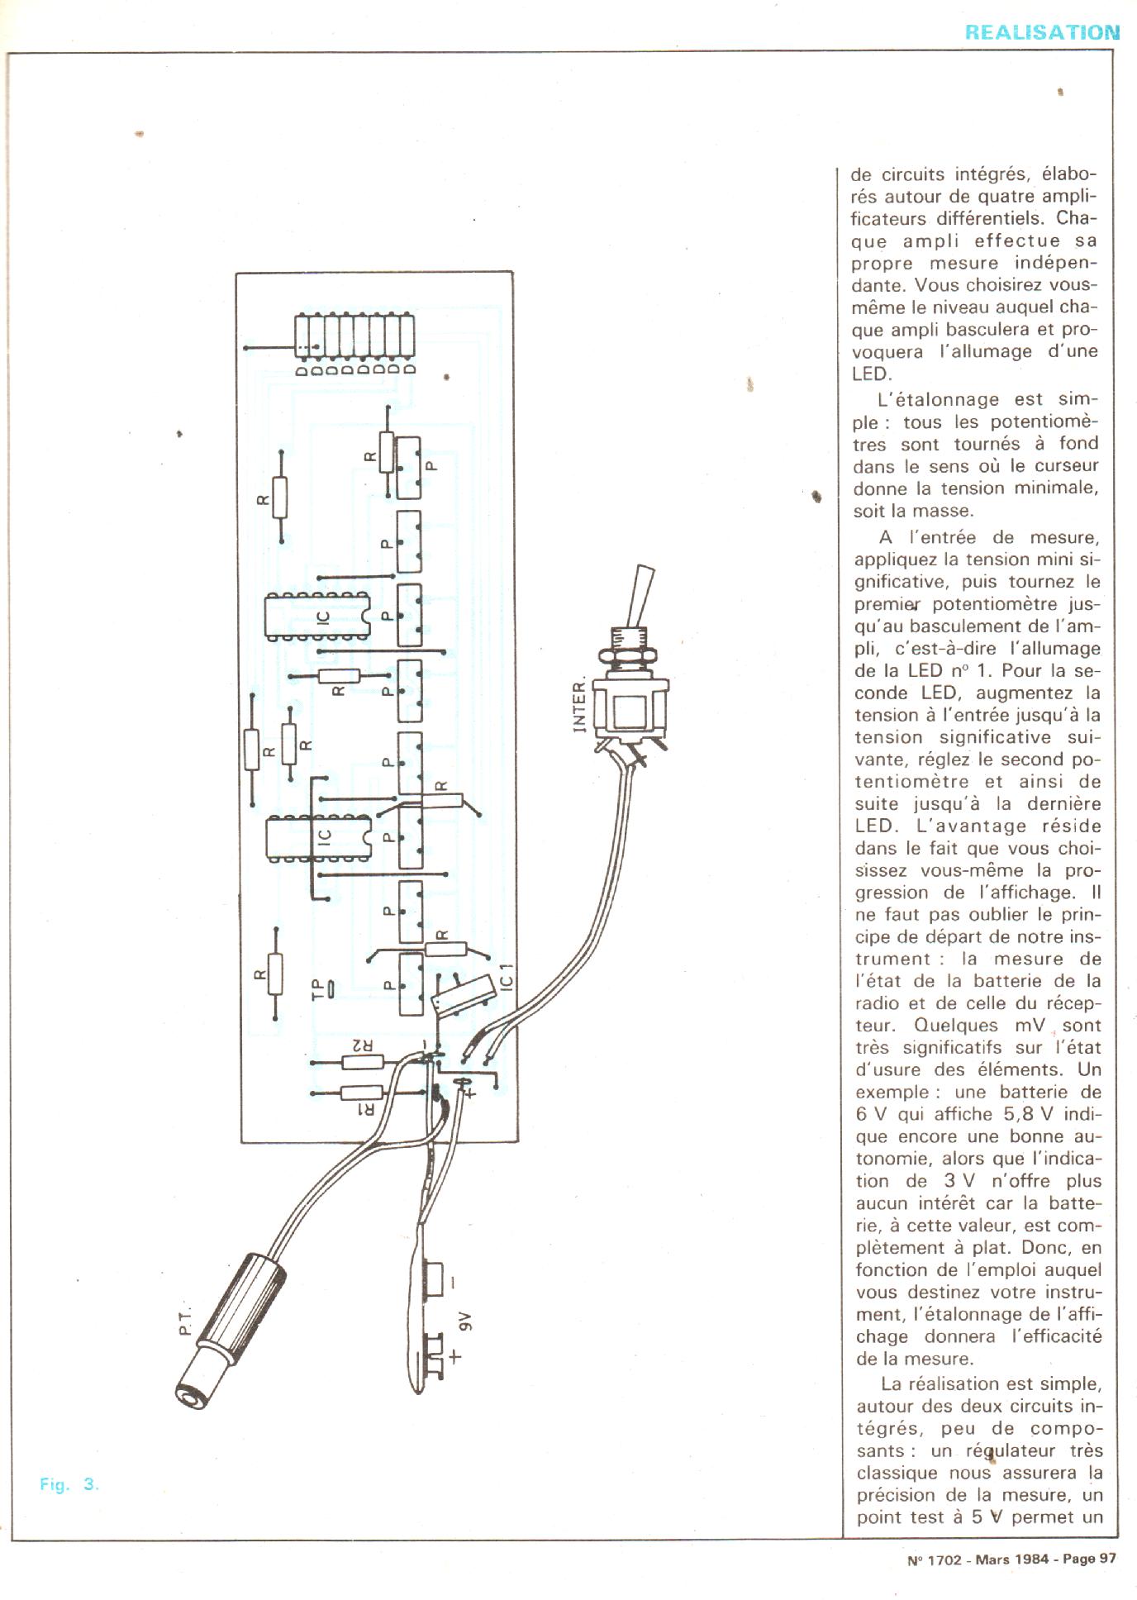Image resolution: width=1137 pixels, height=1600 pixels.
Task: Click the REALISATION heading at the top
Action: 1042,32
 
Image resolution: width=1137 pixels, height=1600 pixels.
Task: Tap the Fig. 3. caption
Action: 69,1484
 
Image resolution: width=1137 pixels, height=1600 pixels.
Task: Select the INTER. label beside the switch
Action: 580,706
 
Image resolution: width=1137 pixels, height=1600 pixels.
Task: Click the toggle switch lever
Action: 642,592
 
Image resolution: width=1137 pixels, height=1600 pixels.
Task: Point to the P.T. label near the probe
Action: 183,1321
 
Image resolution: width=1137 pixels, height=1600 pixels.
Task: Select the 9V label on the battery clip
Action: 464,1321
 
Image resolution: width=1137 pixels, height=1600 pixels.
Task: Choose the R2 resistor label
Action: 363,1045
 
